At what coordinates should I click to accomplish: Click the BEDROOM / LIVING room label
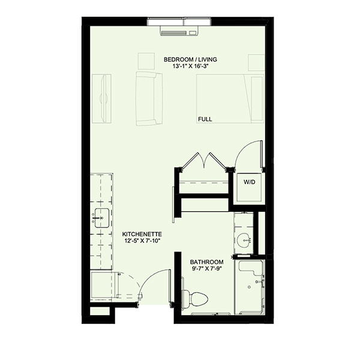coord(190,59)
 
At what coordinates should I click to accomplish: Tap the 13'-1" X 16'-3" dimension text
coord(192,67)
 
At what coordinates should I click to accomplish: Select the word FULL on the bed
coord(205,119)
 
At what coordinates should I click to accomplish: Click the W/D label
coord(250,182)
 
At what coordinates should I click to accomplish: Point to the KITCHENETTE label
coord(142,234)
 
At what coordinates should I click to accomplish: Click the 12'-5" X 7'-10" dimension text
coord(142,241)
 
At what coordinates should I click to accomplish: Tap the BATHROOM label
coord(206,262)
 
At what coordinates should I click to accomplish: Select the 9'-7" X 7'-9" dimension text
coord(206,269)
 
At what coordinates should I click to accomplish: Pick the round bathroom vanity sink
coord(244,240)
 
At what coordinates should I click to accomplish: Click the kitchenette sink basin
coord(102,218)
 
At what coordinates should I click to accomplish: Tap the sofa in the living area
coord(149,98)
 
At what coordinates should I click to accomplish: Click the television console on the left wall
coord(102,98)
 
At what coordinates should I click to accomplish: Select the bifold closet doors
coord(203,160)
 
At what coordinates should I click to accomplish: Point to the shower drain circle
coord(249,287)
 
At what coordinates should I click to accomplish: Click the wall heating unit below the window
coord(179,31)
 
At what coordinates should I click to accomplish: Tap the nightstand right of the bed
coord(256,62)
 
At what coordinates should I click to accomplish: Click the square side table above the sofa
coord(146,61)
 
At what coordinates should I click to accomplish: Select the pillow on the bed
coord(257,99)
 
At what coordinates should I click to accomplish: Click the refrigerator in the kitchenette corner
coord(103,286)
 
